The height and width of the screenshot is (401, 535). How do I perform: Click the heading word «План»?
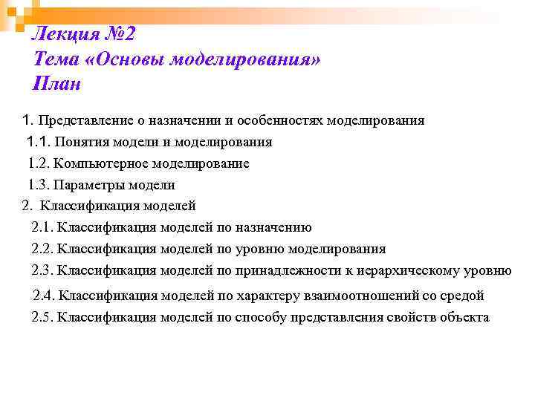tap(57, 84)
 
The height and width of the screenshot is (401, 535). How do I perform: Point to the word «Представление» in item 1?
tap(91, 120)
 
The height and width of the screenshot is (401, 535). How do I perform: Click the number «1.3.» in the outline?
tap(39, 185)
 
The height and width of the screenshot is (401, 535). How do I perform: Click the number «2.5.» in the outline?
tap(44, 317)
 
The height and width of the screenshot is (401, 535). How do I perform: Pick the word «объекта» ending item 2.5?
tap(465, 317)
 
